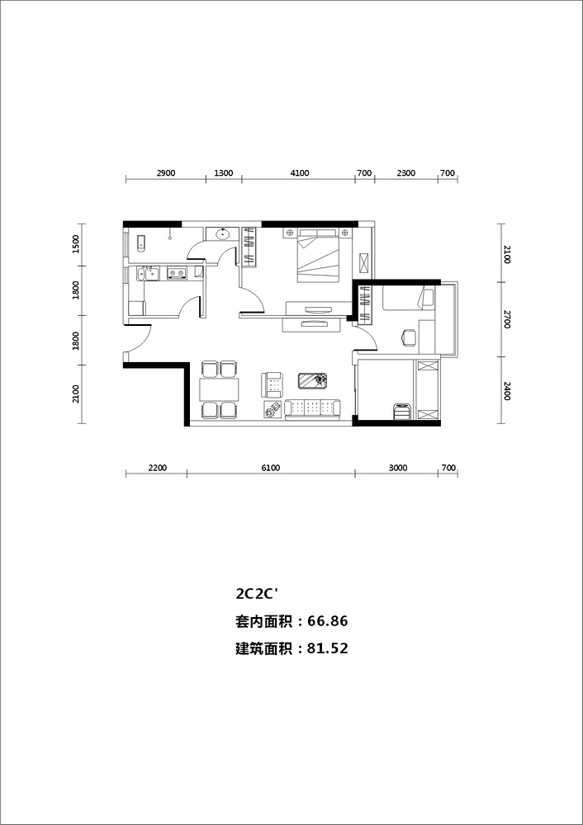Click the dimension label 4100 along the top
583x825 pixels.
click(x=300, y=172)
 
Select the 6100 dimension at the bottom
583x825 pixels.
click(x=270, y=468)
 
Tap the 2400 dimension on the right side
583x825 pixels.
click(x=507, y=391)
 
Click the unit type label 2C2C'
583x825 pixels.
click(x=257, y=594)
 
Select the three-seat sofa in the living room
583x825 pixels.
click(x=312, y=409)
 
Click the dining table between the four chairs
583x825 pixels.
click(x=219, y=390)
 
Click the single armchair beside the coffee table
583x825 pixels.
click(x=272, y=384)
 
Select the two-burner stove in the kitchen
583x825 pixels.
click(x=177, y=273)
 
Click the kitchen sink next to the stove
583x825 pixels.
click(x=147, y=273)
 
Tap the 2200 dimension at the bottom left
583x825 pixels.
click(x=157, y=468)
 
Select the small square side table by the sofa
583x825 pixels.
click(x=273, y=409)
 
